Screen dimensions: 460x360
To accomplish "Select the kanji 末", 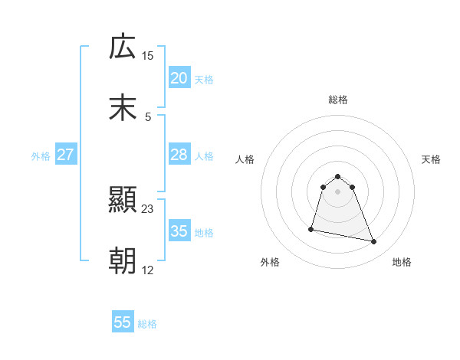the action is point(123,107).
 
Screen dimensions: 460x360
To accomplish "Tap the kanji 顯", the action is point(123,201).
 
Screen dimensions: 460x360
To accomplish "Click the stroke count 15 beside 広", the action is point(148,55).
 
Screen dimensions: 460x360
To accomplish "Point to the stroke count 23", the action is point(148,208).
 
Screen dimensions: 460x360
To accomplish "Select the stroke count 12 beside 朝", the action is point(148,270).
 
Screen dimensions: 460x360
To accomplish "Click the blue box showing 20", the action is point(179,78).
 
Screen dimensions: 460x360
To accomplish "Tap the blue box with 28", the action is point(179,155).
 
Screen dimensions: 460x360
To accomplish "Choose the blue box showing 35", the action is point(179,231).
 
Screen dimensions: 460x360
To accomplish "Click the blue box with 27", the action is point(65,155).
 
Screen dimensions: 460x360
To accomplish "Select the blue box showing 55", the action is point(123,322).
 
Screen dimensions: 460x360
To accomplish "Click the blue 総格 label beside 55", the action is point(147,324).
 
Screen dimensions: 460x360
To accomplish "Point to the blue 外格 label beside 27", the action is point(41,156).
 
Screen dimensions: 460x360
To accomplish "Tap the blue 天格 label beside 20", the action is point(204,80).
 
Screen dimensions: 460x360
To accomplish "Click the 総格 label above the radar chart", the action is point(338,100).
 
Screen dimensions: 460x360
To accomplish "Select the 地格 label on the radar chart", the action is point(402,263).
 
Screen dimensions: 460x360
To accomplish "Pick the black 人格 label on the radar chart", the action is point(245,159).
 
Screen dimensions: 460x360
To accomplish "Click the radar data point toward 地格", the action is point(374,242).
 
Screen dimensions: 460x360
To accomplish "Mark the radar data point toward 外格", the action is point(311,229).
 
